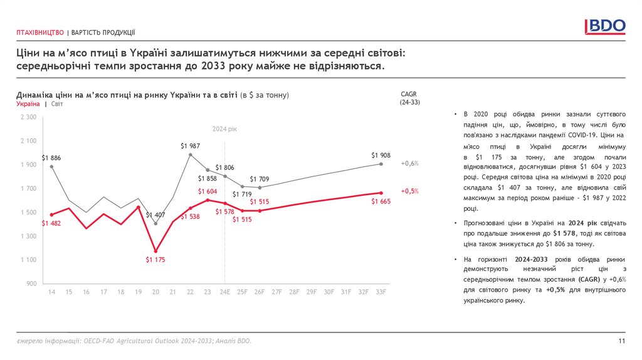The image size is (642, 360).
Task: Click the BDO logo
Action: (605, 26)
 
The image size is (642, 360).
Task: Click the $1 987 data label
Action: (191, 146)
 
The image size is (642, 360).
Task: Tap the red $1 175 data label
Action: (155, 259)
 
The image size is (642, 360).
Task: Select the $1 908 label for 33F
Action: (381, 155)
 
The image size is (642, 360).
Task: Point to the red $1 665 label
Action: (381, 201)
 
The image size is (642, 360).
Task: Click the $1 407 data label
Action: (155, 215)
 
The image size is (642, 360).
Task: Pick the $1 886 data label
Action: (51, 157)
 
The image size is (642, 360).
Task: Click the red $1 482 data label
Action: (51, 223)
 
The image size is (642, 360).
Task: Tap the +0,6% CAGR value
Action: (409, 164)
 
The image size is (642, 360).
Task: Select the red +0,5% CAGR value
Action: (409, 191)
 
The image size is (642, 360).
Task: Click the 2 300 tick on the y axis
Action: (29, 117)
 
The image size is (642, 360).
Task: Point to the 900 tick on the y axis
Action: (32, 284)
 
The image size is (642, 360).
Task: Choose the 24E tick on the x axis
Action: (224, 292)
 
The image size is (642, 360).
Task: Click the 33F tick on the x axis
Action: (381, 292)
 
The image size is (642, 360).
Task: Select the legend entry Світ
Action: (57, 103)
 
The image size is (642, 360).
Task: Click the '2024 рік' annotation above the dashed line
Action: (224, 129)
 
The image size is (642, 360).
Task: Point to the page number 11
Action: (622, 341)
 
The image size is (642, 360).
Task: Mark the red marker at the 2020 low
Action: (155, 251)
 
